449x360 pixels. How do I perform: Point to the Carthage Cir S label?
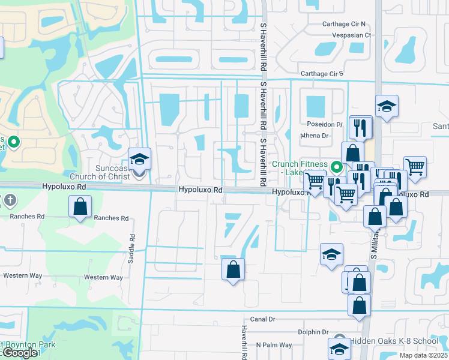click(x=321, y=74)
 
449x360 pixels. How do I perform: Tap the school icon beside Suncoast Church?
click(x=139, y=160)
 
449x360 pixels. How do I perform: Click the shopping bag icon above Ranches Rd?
click(x=80, y=208)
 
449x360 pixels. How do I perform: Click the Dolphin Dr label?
click(x=313, y=332)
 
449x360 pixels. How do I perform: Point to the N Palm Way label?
click(x=274, y=345)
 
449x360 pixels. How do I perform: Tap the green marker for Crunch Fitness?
click(x=337, y=167)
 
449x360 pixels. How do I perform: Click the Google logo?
click(x=19, y=353)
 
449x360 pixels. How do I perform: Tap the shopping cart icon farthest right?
click(x=415, y=167)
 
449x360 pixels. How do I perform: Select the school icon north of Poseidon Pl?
click(x=387, y=107)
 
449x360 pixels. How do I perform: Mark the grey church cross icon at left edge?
click(x=9, y=199)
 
